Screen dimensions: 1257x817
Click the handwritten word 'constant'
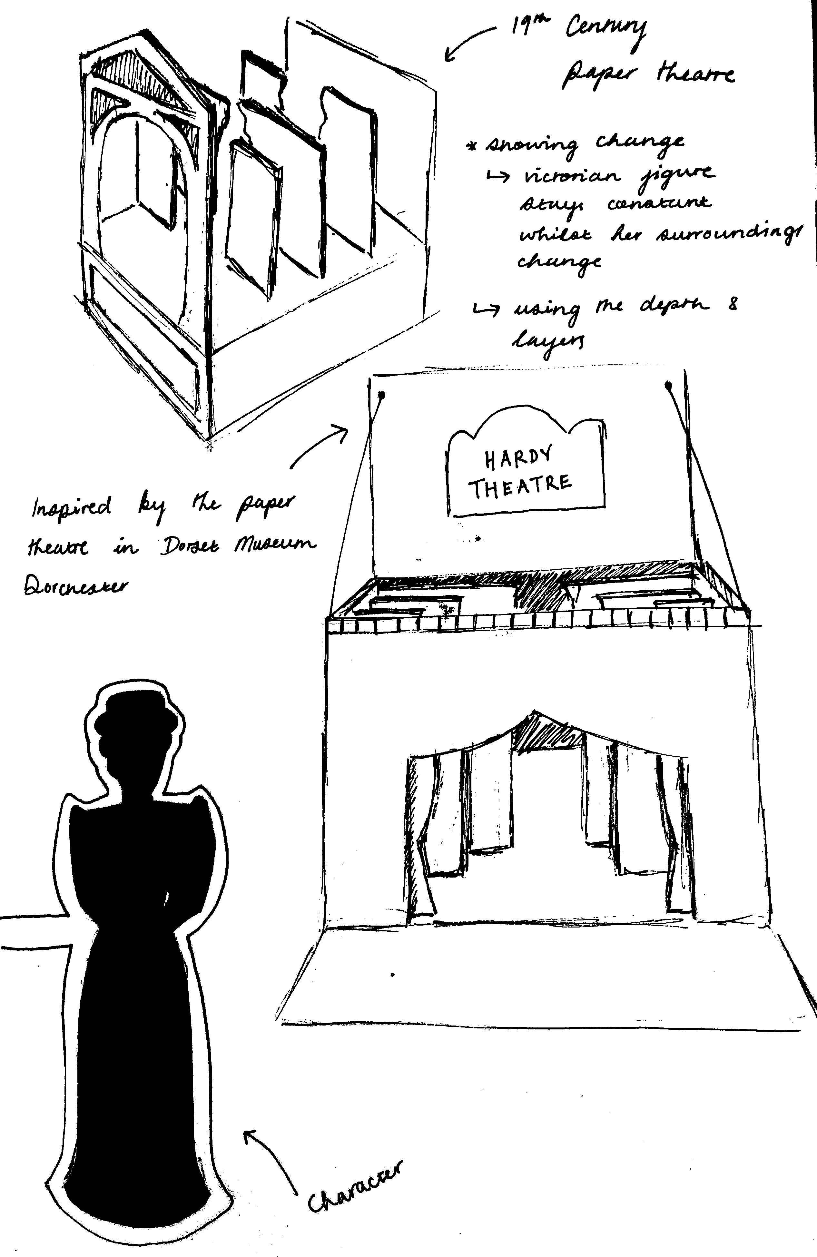659,205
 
